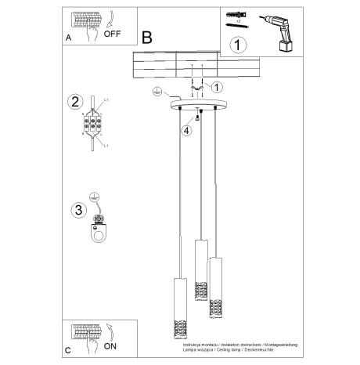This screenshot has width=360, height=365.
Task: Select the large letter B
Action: (x=147, y=37)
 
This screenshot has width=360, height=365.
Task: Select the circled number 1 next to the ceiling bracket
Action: (x=218, y=86)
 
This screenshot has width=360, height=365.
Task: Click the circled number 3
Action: (x=77, y=209)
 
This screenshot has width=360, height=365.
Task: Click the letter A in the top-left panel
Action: (x=70, y=36)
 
